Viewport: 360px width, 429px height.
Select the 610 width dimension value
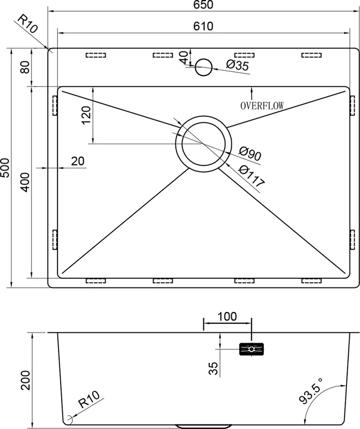click(203, 26)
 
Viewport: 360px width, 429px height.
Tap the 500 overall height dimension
click(5, 167)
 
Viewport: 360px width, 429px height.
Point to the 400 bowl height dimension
click(25, 182)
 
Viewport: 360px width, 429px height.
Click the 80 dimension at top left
click(25, 67)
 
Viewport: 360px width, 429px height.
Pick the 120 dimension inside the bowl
click(86, 115)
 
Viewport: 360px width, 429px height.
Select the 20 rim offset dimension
click(78, 161)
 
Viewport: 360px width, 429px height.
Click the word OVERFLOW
click(262, 106)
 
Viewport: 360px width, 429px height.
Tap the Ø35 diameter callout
click(238, 65)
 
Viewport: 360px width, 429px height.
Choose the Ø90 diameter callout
click(249, 154)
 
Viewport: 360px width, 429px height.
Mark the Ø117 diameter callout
click(252, 176)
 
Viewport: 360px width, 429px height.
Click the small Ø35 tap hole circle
click(204, 67)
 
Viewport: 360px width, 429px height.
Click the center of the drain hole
click(204, 144)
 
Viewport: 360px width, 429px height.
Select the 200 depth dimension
click(25, 380)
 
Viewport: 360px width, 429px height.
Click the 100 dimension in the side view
click(227, 316)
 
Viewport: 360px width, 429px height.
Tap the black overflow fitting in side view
click(251, 349)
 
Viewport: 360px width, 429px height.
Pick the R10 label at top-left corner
click(27, 24)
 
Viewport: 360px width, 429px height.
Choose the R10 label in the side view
click(89, 400)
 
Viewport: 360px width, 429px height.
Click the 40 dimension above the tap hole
click(185, 57)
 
